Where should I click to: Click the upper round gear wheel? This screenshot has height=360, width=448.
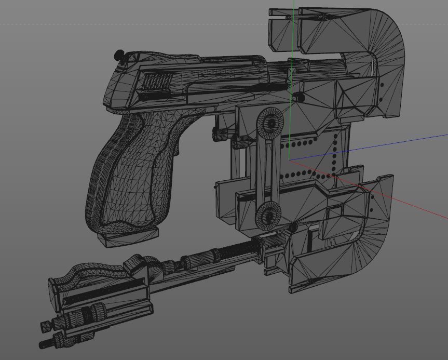click(x=270, y=122)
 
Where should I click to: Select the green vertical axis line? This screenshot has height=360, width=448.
click(x=294, y=31)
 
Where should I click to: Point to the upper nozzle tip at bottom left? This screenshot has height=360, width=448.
click(x=46, y=325)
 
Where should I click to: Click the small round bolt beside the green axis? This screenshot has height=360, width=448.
click(x=297, y=97)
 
